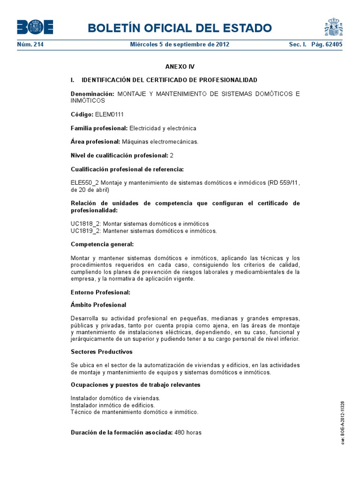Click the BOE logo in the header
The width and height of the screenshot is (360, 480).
[35, 27]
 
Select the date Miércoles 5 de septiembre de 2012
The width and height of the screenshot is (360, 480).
[180, 45]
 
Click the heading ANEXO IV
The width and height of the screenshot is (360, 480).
[180, 67]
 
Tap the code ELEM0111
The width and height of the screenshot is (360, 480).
[109, 114]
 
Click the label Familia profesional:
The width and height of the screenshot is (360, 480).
[99, 128]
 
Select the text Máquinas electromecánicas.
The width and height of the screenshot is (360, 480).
[160, 142]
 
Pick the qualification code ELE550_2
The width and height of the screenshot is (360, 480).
[84, 183]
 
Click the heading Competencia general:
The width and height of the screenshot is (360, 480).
[102, 244]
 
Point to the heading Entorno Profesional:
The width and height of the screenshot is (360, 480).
[100, 292]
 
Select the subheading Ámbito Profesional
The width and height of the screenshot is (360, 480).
[98, 305]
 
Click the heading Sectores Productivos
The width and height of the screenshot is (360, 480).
[101, 352]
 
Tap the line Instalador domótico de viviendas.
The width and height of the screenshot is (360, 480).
[112, 398]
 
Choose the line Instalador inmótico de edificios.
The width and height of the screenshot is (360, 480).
[112, 405]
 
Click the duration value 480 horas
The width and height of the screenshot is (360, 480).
[187, 432]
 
